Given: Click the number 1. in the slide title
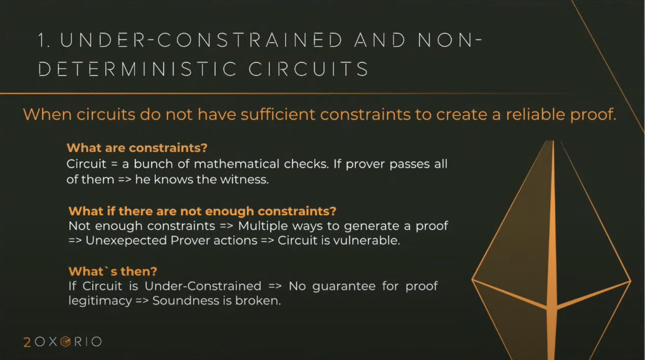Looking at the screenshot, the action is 44,40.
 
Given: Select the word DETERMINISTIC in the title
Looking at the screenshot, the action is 138,69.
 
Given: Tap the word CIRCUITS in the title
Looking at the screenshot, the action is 308,69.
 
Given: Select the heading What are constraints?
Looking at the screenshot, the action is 137,147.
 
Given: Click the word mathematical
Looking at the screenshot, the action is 236,164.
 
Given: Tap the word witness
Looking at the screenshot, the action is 244,179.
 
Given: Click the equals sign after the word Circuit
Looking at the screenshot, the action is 114,164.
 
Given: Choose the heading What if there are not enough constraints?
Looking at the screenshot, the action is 202,211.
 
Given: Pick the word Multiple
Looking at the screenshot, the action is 263,226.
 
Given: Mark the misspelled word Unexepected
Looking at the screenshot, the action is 126,241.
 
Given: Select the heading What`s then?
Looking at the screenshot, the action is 113,271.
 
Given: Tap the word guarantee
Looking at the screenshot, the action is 344,286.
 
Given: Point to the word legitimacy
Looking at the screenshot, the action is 100,301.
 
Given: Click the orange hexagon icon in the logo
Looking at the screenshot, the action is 66,342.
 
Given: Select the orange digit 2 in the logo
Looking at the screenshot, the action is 27,342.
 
